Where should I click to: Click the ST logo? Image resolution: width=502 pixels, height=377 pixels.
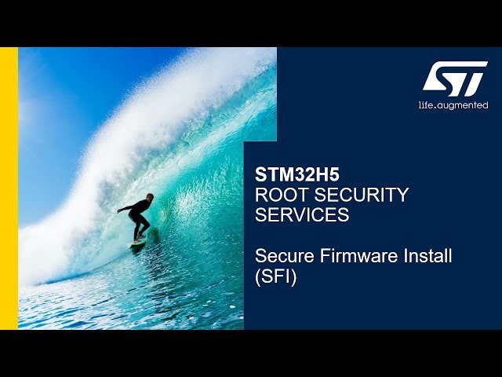pyautogui.click(x=455, y=79)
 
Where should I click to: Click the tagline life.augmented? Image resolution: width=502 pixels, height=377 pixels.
pyautogui.click(x=453, y=105)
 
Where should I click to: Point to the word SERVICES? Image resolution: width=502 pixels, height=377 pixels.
pyautogui.click(x=302, y=215)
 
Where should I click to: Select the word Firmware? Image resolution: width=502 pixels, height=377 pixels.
pyautogui.click(x=356, y=256)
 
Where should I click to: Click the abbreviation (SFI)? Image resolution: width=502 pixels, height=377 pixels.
pyautogui.click(x=276, y=277)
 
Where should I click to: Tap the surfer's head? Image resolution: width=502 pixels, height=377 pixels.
pyautogui.click(x=149, y=197)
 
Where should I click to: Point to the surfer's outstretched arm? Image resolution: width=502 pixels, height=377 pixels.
pyautogui.click(x=125, y=208)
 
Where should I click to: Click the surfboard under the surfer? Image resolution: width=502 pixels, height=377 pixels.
pyautogui.click(x=140, y=242)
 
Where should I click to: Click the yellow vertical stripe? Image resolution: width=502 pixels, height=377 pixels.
pyautogui.click(x=9, y=188)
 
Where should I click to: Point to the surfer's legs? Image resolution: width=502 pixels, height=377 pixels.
pyautogui.click(x=140, y=226)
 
